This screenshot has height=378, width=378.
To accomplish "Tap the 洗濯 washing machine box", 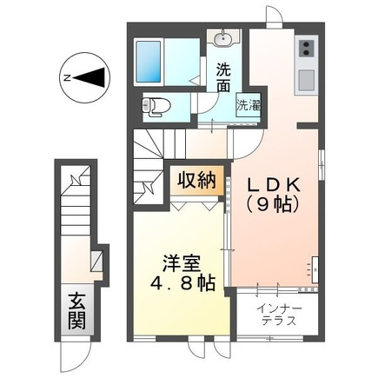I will click(249, 105).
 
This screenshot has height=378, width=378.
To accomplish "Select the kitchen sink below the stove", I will click(307, 80).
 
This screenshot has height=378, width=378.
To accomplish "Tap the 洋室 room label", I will click(180, 262).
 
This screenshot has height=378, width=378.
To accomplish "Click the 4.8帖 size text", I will click(180, 283).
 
